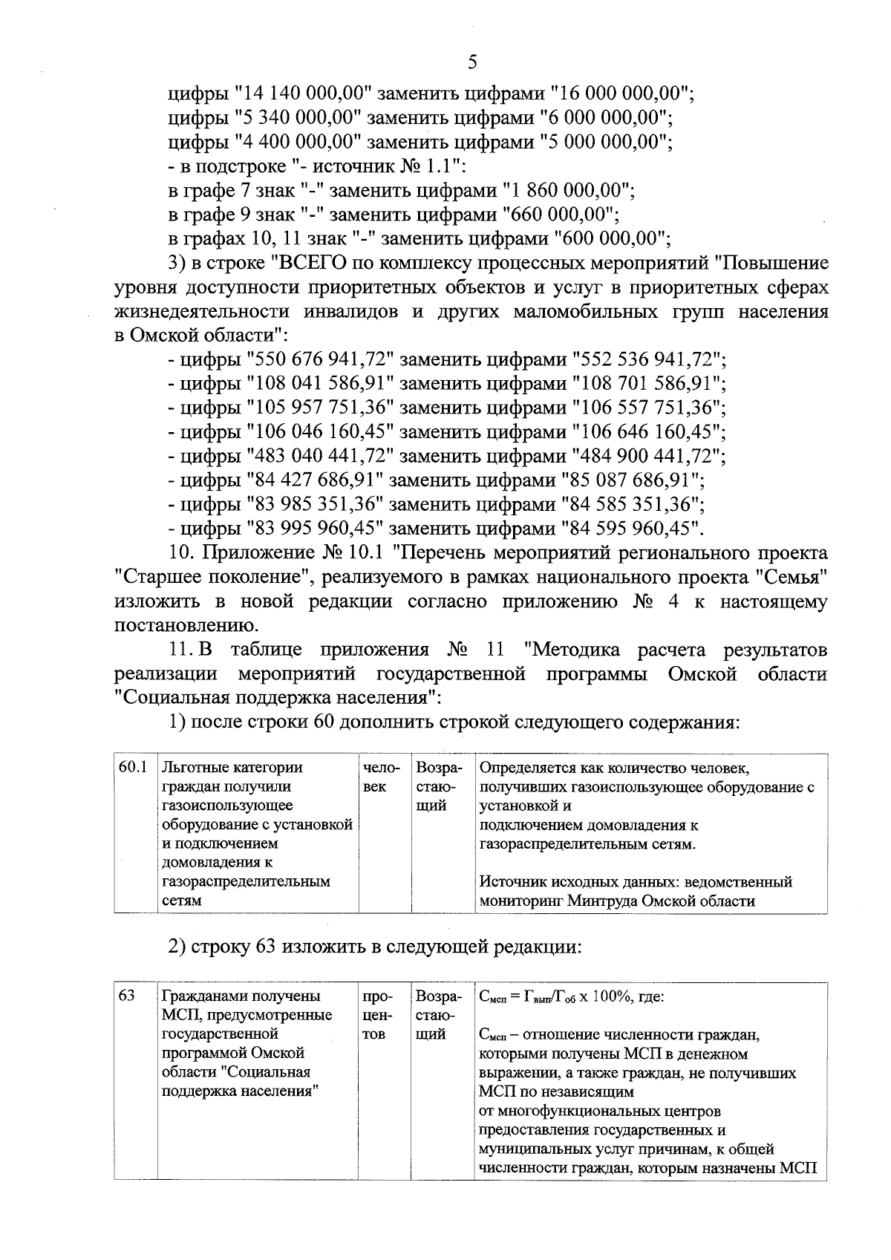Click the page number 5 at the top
[472, 62]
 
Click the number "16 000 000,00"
[621, 94]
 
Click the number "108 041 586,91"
[319, 384]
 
